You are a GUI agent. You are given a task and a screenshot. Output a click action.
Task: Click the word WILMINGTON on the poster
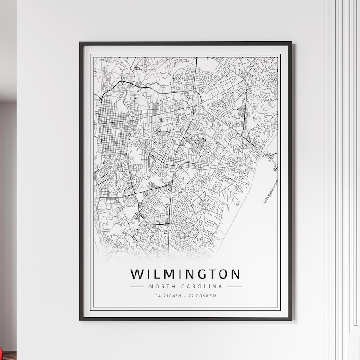coord(185,274)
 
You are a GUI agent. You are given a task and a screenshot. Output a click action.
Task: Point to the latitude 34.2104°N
coord(168,296)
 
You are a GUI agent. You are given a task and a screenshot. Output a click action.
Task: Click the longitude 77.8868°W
coord(203,296)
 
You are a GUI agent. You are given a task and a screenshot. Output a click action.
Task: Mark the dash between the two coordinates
coord(186,296)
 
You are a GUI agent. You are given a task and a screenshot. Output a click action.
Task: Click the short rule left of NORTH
coord(136,286)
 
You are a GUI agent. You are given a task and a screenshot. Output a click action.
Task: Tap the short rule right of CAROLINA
coord(234,286)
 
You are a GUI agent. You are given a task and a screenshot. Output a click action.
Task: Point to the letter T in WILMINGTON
coord(210,274)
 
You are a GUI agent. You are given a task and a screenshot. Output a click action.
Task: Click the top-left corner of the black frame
coord(80,43)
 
